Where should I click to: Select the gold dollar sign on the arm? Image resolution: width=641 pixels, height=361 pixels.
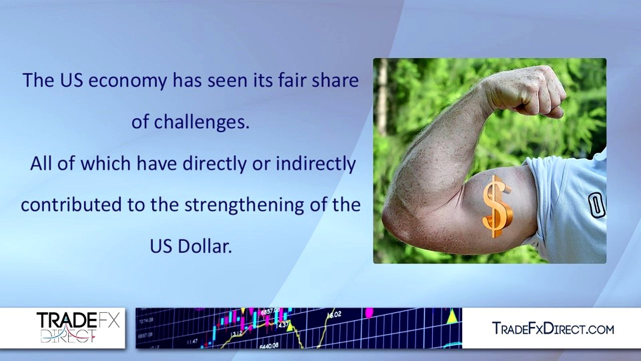[497, 206]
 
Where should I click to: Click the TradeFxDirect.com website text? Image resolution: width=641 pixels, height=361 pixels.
[553, 329]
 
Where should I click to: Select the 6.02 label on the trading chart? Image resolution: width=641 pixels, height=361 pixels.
[334, 314]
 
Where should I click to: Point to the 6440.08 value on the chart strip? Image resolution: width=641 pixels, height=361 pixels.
[269, 345]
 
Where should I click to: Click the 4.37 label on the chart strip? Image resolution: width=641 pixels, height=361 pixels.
[284, 325]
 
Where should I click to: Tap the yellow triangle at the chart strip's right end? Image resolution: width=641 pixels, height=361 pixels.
[452, 316]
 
